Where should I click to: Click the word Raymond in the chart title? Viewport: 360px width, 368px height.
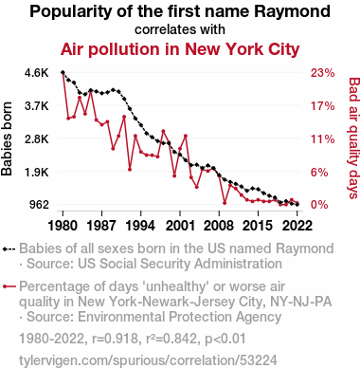pyautogui.click(x=293, y=12)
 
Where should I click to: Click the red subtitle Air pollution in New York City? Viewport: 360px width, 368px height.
pyautogui.click(x=180, y=49)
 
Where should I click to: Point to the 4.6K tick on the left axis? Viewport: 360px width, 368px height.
pyautogui.click(x=37, y=73)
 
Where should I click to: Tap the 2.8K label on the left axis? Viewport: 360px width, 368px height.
pyautogui.click(x=37, y=138)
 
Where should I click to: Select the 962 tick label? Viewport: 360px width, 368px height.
pyautogui.click(x=40, y=205)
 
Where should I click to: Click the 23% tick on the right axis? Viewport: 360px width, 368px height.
pyautogui.click(x=322, y=73)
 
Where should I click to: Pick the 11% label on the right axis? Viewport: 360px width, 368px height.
pyautogui.click(x=322, y=138)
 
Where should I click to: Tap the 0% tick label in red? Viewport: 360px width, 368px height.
pyautogui.click(x=319, y=205)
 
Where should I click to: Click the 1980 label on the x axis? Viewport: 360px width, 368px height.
pyautogui.click(x=63, y=226)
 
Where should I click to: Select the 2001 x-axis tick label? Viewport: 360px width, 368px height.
pyautogui.click(x=180, y=226)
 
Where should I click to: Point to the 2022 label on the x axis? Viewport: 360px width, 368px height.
pyautogui.click(x=297, y=226)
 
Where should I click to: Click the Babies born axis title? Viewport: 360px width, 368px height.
pyautogui.click(x=7, y=138)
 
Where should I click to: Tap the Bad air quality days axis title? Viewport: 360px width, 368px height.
pyautogui.click(x=353, y=138)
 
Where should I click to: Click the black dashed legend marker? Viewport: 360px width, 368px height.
pyautogui.click(x=9, y=249)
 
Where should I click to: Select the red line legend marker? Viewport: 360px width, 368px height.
pyautogui.click(x=9, y=286)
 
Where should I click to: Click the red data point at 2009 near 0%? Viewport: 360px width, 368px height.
pyautogui.click(x=225, y=203)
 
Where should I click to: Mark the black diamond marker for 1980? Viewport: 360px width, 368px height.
pyautogui.click(x=63, y=73)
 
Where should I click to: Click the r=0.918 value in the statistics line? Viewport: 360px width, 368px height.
pyautogui.click(x=116, y=339)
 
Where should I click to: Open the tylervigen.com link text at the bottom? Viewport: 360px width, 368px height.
pyautogui.click(x=148, y=360)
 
